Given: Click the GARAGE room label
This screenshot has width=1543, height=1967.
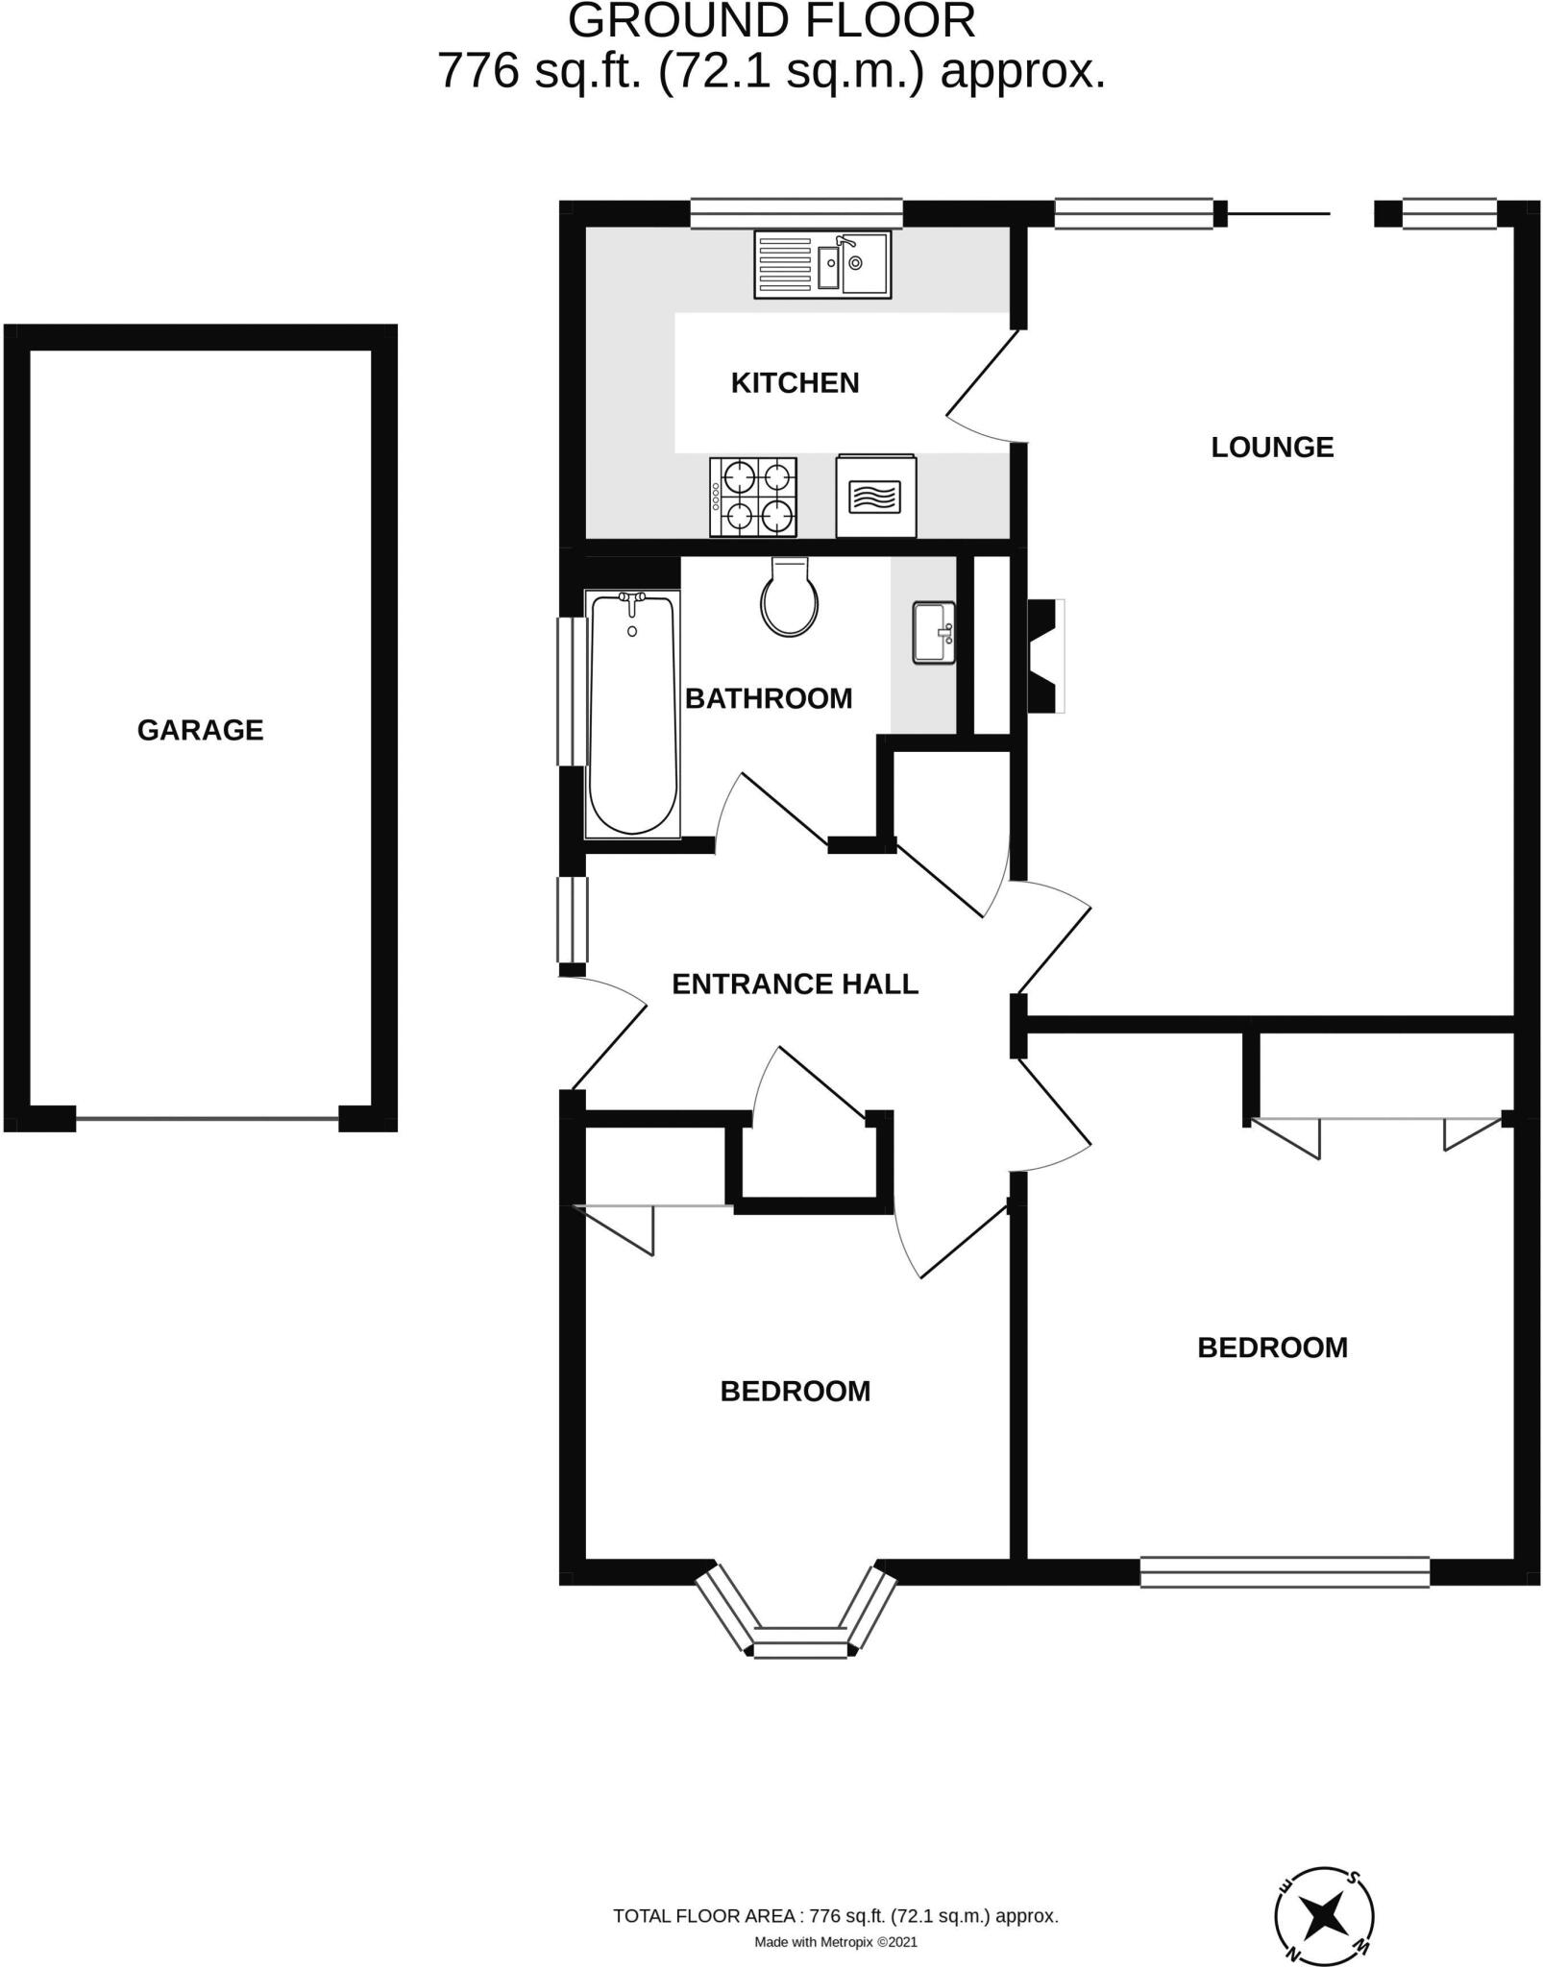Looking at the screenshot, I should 200,731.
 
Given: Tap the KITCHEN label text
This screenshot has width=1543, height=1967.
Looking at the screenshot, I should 795,383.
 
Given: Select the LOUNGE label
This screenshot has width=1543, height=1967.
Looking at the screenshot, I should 1272,448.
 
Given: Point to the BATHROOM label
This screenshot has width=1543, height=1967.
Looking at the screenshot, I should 769,698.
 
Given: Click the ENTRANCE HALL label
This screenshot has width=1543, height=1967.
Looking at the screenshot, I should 795,984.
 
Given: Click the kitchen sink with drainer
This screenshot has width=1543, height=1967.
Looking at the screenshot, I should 822,264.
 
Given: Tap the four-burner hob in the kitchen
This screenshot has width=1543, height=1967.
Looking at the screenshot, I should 754,497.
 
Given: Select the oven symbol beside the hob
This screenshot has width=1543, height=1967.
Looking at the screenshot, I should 875,497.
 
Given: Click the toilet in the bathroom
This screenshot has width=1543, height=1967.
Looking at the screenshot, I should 789,599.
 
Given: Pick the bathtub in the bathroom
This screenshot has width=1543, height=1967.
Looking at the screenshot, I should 632,714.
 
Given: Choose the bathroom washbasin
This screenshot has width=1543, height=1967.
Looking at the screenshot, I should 933,632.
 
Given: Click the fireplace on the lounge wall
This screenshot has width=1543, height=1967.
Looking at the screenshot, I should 1046,656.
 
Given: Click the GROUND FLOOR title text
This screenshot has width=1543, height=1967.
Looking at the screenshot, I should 771,21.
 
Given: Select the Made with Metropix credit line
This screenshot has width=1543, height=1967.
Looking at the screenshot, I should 836,1942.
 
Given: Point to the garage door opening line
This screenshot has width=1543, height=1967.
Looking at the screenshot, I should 208,1119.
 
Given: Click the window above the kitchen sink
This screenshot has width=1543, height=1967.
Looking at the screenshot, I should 796,213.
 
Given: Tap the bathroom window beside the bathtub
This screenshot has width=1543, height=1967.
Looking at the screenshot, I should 572,692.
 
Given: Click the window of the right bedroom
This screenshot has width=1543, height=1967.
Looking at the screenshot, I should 1285,1571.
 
